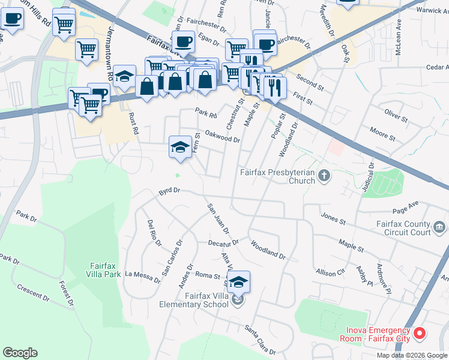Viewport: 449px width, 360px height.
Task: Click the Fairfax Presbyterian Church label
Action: [x=277, y=176]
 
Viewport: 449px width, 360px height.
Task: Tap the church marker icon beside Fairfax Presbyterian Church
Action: [x=325, y=176]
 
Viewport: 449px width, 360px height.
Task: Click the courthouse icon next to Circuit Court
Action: [x=439, y=227]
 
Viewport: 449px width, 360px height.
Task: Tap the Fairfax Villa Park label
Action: [x=106, y=269]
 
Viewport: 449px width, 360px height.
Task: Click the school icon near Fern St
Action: [x=179, y=147]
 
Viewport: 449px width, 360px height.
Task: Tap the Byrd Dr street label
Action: [x=169, y=191]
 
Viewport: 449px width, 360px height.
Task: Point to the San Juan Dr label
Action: [x=218, y=218]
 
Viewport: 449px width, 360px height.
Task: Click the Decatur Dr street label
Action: [x=223, y=243]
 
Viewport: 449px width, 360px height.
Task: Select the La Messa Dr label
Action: [x=142, y=276]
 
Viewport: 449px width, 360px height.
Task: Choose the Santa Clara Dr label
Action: [x=260, y=340]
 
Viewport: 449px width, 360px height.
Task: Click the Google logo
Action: [x=20, y=353]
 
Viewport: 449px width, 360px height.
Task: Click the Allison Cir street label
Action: [x=331, y=273]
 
